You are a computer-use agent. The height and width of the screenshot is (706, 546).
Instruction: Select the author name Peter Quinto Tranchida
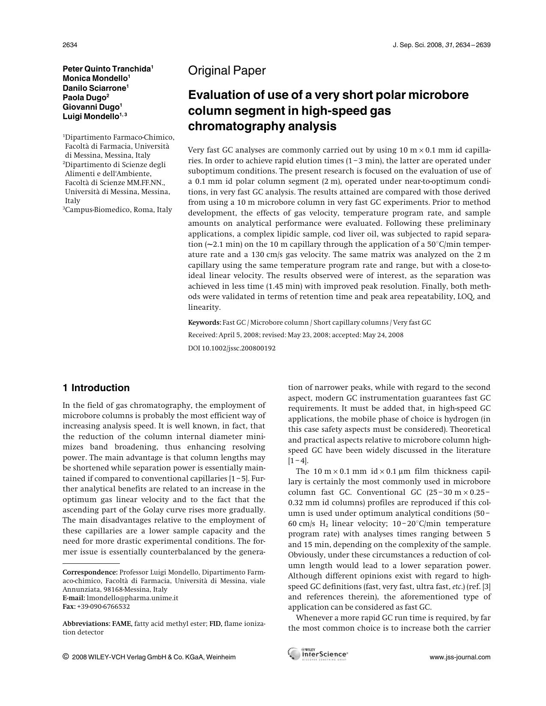coord(107,69)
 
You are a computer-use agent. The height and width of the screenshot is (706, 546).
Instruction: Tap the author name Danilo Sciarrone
coord(94,88)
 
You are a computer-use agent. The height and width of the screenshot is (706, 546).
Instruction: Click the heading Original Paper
coord(227,71)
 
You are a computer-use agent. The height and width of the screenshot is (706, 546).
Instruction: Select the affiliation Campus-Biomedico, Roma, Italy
coord(118,209)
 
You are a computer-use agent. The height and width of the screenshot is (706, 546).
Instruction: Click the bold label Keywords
coord(204,323)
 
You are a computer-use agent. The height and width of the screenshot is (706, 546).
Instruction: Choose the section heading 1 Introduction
coord(96,388)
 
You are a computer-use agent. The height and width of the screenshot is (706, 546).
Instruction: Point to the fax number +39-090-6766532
coord(103,606)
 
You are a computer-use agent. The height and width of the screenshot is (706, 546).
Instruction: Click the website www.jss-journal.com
coord(460,657)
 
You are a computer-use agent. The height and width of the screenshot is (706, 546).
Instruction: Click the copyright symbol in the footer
coord(66,656)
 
